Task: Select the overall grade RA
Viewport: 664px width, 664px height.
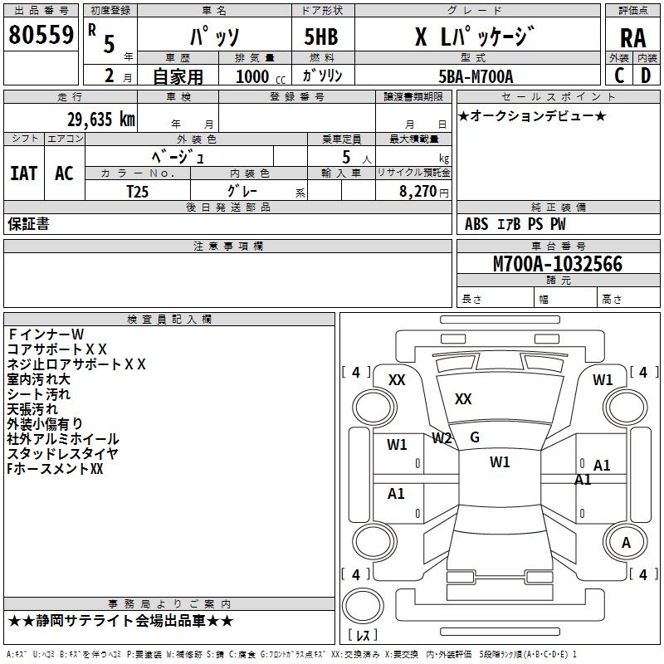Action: [632, 37]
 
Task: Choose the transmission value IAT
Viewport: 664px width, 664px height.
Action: [23, 173]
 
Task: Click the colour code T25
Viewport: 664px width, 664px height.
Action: [138, 190]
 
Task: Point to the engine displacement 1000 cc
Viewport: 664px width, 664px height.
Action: [260, 77]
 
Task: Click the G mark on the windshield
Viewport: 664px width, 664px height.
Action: [475, 437]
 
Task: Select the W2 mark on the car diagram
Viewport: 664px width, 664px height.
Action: [442, 438]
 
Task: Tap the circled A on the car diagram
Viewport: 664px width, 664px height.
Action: [627, 543]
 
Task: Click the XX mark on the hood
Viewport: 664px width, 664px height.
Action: [463, 399]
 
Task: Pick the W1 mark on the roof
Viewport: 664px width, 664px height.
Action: [500, 462]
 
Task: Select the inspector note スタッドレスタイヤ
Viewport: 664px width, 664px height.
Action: [62, 454]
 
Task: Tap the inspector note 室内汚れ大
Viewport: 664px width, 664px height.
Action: [39, 379]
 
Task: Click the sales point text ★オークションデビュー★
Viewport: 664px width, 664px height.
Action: [532, 115]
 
